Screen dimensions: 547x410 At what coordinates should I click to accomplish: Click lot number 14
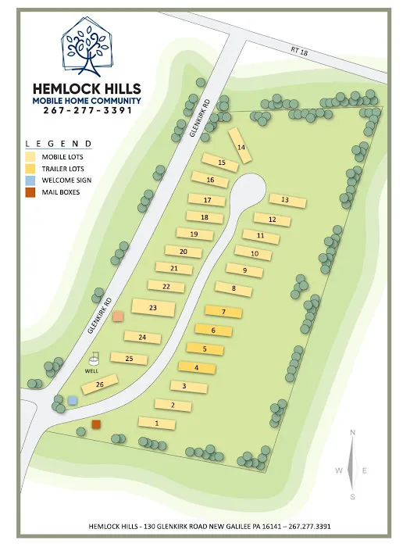(x=241, y=147)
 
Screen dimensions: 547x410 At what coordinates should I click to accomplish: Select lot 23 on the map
(x=153, y=308)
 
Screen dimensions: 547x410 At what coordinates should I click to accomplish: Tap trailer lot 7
(x=223, y=312)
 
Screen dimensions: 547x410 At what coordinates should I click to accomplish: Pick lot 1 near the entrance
(x=157, y=424)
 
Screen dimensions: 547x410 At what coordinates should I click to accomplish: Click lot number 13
(x=285, y=200)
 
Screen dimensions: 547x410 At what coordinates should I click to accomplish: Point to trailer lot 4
(x=197, y=366)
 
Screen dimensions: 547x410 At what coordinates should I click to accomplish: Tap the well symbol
(x=94, y=359)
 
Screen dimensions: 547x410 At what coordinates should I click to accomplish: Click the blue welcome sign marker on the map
(x=73, y=400)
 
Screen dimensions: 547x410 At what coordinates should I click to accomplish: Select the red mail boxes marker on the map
(x=96, y=424)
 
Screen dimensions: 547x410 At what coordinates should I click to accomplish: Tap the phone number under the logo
(x=87, y=110)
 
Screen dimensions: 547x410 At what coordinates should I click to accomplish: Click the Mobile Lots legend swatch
(x=31, y=156)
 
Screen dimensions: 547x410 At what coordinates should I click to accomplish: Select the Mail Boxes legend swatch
(x=31, y=192)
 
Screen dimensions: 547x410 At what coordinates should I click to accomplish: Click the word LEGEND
(x=59, y=144)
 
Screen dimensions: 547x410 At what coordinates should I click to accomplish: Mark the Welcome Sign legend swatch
(x=31, y=181)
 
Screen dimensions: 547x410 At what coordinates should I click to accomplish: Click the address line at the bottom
(x=209, y=526)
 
